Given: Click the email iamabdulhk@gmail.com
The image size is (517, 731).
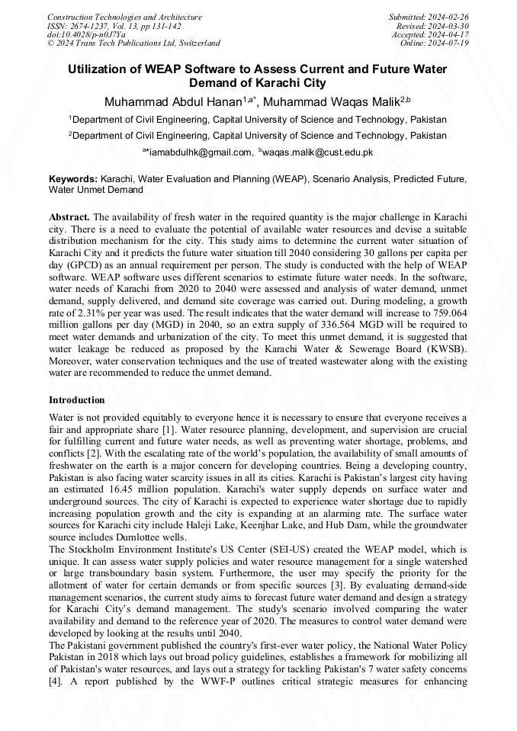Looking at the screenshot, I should tap(199, 152).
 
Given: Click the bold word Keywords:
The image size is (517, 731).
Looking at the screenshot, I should tap(73, 178).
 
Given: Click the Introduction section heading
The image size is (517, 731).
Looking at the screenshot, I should tap(77, 400).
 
